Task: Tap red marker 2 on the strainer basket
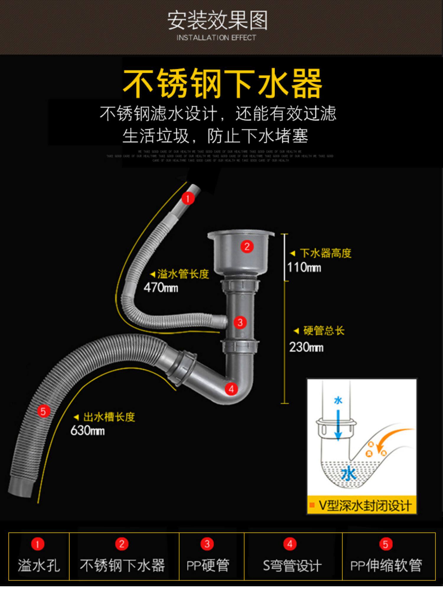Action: [247, 246]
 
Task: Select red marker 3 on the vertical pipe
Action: [240, 322]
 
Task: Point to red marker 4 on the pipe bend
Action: [231, 389]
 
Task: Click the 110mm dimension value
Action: [304, 268]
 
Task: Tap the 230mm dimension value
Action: [306, 347]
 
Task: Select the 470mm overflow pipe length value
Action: [161, 288]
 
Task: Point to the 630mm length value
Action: [87, 431]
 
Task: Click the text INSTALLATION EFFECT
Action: [216, 38]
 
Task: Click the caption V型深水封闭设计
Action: [365, 506]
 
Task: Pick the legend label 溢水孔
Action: [39, 566]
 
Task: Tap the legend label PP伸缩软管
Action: [386, 566]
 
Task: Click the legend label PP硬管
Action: [208, 566]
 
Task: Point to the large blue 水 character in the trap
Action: [349, 474]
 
